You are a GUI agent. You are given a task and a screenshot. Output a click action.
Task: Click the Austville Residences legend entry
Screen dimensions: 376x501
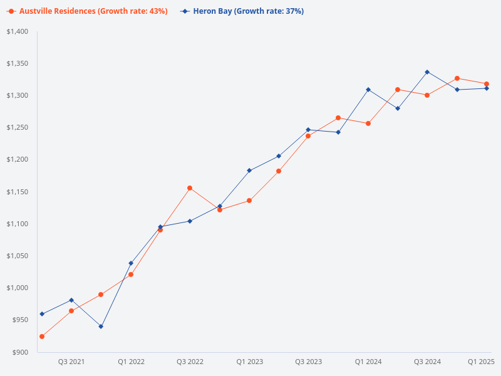88,11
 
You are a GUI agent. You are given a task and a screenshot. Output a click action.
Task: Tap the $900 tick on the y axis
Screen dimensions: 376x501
21,352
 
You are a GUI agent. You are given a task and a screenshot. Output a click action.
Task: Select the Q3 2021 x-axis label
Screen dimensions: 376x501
71,362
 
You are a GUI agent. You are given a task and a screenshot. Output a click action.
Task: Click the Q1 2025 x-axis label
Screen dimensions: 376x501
482,362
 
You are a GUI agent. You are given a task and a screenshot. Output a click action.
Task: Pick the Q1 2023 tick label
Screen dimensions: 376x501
249,362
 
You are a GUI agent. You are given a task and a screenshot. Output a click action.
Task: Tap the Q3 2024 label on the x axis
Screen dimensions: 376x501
427,362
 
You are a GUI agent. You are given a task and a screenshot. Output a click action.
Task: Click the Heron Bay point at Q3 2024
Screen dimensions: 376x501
427,72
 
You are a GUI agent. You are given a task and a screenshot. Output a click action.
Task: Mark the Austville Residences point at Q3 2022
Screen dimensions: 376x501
190,188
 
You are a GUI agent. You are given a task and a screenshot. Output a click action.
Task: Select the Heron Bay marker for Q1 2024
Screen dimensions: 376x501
368,90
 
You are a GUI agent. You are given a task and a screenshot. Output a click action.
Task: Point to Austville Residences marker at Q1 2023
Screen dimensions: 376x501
249,201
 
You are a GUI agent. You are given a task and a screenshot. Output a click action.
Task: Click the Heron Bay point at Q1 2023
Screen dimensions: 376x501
249,170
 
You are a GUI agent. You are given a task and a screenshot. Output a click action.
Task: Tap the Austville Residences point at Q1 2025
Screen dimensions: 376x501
487,84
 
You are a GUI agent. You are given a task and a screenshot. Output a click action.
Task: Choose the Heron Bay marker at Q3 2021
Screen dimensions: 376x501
71,300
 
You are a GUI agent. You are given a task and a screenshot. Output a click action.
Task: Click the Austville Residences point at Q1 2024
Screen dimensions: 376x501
368,123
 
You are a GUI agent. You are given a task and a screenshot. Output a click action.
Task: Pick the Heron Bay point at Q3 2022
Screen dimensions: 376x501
190,221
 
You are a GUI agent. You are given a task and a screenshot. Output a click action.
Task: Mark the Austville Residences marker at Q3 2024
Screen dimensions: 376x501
427,95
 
